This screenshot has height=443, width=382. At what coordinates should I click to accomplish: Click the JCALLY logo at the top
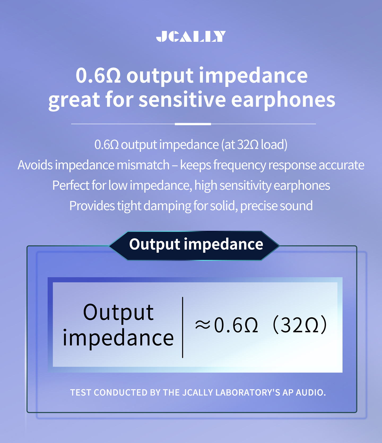[191, 36]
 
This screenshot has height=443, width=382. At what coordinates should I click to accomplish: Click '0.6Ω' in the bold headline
[98, 75]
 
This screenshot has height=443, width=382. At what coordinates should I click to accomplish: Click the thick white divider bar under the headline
[193, 124]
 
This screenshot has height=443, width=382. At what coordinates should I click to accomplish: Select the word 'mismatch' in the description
[143, 165]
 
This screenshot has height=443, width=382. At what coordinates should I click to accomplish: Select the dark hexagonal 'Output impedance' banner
[194, 246]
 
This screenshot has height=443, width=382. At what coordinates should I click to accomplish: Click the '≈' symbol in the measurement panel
[203, 325]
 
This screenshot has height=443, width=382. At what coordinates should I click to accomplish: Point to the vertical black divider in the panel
[183, 327]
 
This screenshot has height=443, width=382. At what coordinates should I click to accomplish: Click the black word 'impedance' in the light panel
[118, 338]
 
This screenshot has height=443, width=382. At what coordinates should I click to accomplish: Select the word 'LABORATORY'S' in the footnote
[248, 392]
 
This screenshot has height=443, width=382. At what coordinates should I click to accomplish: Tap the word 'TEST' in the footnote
[81, 393]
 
